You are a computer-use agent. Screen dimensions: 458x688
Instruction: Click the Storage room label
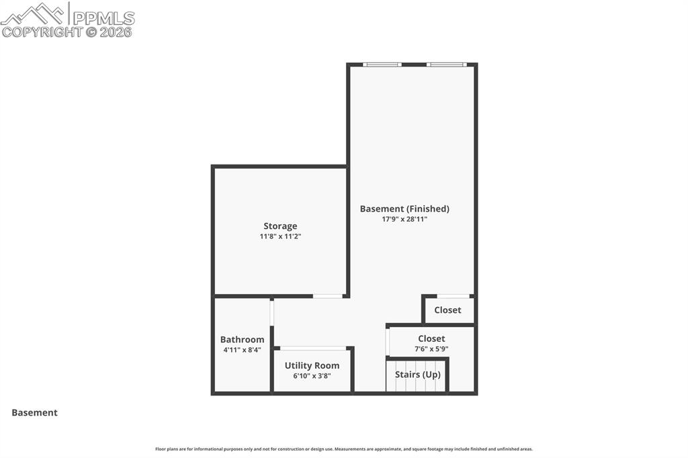[x=280, y=226]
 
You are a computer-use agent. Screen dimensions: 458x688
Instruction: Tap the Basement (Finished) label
[x=404, y=209]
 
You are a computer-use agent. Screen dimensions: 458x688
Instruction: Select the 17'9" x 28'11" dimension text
[x=404, y=219]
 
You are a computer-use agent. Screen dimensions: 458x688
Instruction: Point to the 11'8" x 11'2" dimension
[x=280, y=236]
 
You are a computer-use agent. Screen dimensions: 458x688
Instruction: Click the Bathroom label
[x=242, y=340]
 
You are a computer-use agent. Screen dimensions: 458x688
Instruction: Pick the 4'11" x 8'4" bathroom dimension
[x=242, y=350]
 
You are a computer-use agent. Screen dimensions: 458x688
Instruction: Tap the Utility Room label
[x=312, y=366]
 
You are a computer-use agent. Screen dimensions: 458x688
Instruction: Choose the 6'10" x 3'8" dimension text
[x=312, y=376]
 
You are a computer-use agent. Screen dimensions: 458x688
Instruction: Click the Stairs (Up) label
[x=417, y=375]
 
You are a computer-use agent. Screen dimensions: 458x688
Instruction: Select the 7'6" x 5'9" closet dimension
[x=431, y=349]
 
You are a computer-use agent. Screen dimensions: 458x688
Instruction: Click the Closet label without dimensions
[x=447, y=310]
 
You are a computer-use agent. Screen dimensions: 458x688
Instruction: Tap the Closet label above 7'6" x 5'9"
[x=431, y=339]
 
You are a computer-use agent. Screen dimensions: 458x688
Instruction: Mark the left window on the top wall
[x=382, y=64]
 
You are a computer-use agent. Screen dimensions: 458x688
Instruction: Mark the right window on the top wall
[x=446, y=64]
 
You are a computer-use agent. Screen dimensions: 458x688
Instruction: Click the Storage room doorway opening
[x=328, y=296]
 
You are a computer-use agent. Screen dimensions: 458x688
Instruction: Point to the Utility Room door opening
[x=313, y=348]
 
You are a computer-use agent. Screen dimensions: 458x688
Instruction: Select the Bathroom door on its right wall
[x=272, y=312]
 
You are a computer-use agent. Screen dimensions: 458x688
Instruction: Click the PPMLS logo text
[x=103, y=17]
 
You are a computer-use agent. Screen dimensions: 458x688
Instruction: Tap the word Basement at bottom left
[x=34, y=413]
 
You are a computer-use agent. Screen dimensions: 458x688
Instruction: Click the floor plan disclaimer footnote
[x=344, y=449]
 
